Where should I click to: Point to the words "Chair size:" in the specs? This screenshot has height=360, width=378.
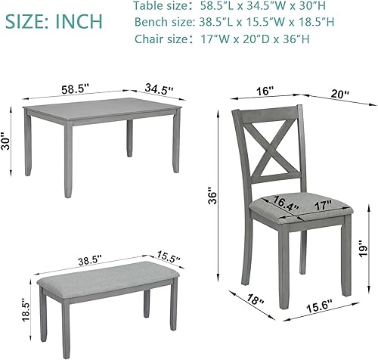click(x=164, y=39)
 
